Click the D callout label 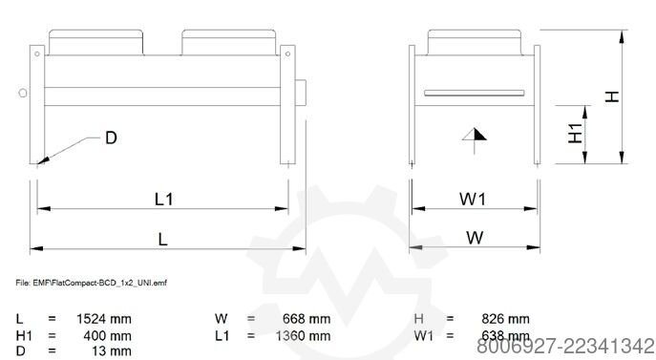(111, 138)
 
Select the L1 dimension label (163, 200)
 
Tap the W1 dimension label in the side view (473, 199)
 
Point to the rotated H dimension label (612, 96)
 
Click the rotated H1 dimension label (576, 133)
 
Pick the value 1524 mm (104, 319)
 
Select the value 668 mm (307, 319)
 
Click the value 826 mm (505, 319)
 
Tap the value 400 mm (107, 336)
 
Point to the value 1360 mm (303, 336)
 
